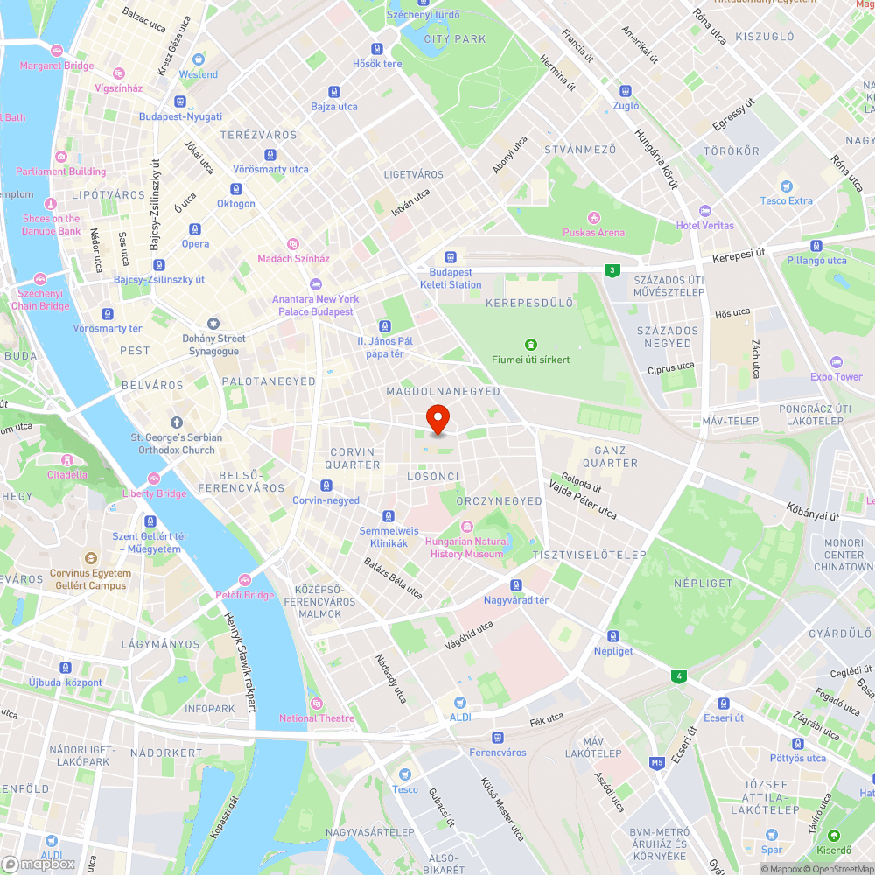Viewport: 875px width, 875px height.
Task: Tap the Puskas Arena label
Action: [x=593, y=232]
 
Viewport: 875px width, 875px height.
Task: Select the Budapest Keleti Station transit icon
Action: [x=450, y=257]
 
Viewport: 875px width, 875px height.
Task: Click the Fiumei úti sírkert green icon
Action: [x=530, y=344]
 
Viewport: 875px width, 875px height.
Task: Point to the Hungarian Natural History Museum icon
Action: [x=466, y=526]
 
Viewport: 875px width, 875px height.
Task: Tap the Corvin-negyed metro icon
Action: [x=326, y=486]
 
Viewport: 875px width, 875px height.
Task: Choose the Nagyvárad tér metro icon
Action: [x=516, y=585]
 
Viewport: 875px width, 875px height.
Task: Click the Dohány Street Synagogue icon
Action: [x=213, y=324]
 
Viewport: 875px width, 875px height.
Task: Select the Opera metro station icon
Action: [x=195, y=229]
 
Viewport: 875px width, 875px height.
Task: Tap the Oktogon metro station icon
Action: [x=235, y=189]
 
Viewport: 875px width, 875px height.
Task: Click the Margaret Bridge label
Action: [x=57, y=66]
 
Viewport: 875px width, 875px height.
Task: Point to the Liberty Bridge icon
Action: [x=154, y=479]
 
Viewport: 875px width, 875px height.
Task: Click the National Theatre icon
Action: [x=316, y=703]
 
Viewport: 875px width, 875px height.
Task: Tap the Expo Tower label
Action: [x=836, y=377]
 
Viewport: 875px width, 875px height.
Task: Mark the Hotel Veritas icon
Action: [x=705, y=211]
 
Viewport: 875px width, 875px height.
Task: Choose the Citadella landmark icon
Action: [x=67, y=459]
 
